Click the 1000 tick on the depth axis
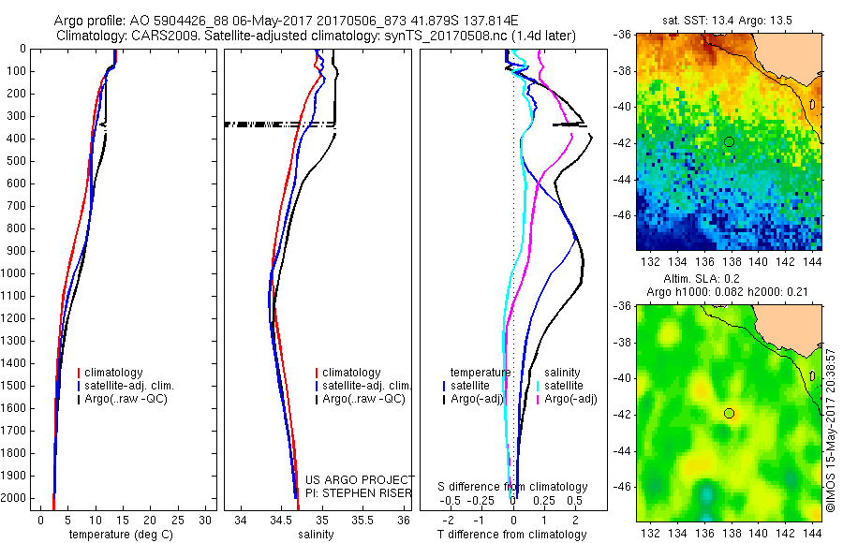pos(19,273)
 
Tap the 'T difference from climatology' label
pos(513,535)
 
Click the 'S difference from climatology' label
pos(513,487)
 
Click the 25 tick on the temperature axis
pos(179,519)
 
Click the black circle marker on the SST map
pos(729,141)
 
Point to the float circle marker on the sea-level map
pos(729,413)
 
